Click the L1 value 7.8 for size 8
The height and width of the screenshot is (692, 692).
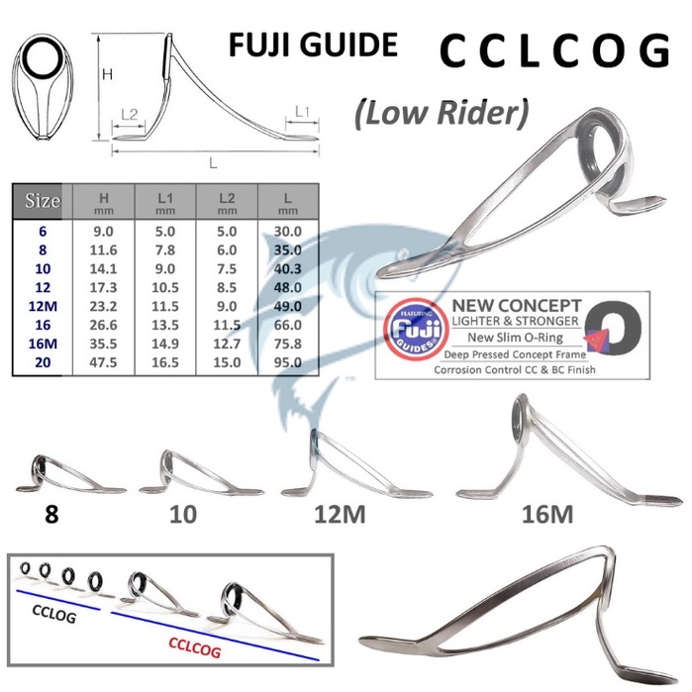pos(165,251)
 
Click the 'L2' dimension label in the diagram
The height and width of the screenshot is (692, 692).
pos(129,115)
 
